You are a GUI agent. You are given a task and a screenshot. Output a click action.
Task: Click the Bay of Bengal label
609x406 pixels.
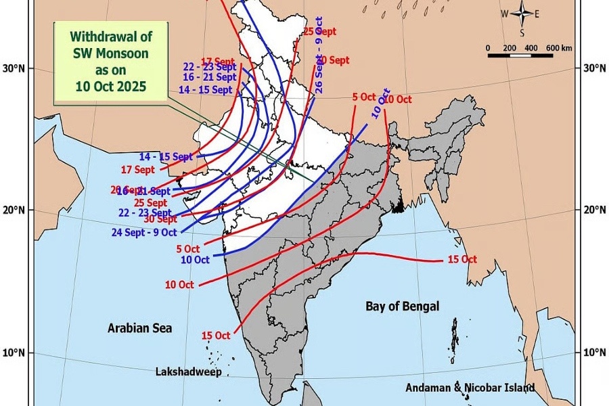[x=402, y=307]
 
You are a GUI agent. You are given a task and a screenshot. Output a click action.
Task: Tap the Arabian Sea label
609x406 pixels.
[x=140, y=328]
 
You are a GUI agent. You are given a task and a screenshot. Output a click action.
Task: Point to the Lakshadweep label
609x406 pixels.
[x=189, y=372]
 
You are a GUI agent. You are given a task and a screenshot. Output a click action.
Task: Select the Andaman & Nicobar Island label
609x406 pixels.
[x=470, y=388]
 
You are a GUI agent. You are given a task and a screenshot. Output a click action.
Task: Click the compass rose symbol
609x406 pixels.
[x=522, y=14]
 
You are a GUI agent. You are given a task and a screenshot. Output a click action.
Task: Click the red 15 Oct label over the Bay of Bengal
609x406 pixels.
[x=461, y=260]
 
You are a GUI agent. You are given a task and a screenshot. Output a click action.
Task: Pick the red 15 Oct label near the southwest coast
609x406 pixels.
[x=216, y=336]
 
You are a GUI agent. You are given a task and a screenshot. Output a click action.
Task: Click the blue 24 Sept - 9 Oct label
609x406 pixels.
[x=144, y=232]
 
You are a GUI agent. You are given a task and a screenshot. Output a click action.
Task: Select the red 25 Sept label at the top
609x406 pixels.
[x=319, y=31]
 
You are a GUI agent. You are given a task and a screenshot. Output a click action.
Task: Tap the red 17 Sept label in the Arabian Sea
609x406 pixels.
[x=137, y=169]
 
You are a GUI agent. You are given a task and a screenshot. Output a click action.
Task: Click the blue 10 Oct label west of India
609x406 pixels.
[x=195, y=259]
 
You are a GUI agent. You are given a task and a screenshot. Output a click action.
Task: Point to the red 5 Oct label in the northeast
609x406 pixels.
[x=364, y=97]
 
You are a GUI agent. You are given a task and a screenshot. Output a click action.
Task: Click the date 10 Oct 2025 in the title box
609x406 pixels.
[x=110, y=87]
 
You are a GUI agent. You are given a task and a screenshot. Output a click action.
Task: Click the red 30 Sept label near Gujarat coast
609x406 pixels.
[x=160, y=219]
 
